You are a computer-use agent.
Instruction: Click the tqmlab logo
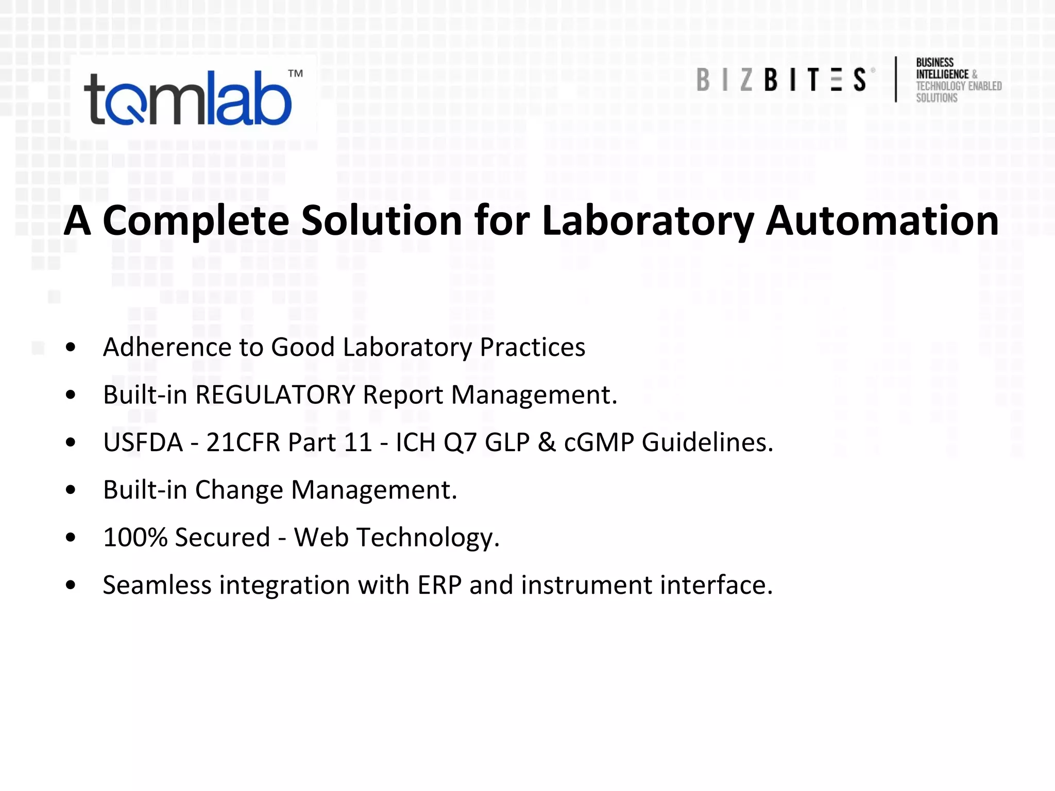(x=188, y=98)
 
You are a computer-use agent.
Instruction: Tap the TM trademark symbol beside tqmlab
(x=295, y=74)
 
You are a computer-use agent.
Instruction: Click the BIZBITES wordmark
(x=781, y=80)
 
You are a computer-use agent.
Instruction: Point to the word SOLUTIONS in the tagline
(x=937, y=98)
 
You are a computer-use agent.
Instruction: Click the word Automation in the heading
(x=882, y=220)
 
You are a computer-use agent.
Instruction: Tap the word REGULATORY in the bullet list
(x=275, y=395)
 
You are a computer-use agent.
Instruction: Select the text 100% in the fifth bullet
(x=135, y=538)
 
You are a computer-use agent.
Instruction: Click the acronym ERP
(x=439, y=585)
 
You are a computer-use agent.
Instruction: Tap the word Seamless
(x=157, y=585)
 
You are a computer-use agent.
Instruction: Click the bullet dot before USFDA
(x=71, y=442)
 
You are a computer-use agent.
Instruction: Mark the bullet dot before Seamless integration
(x=71, y=585)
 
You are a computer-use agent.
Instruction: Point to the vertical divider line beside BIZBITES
(x=896, y=79)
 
